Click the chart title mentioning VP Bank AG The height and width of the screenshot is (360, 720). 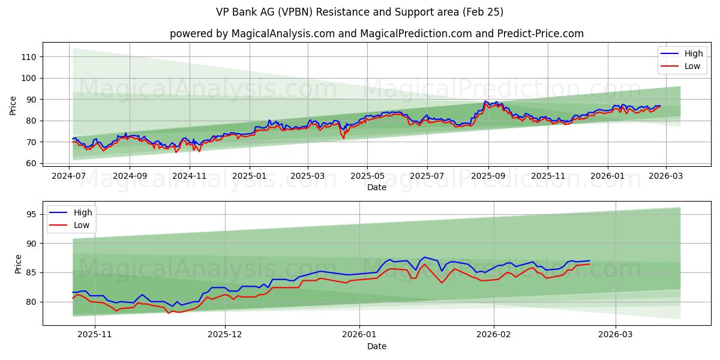[359, 12]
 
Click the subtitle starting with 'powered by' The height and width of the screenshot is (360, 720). [376, 34]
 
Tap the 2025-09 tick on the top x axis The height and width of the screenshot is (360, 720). [488, 176]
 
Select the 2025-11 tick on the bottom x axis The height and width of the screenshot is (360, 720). [95, 335]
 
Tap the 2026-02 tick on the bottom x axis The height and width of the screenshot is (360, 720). [494, 335]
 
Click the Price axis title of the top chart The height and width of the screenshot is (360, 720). [13, 105]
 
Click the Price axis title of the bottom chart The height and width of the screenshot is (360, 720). [18, 264]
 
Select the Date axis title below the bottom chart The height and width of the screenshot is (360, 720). [376, 346]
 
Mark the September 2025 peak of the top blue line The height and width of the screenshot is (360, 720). [485, 101]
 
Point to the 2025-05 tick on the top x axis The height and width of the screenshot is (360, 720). [367, 176]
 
